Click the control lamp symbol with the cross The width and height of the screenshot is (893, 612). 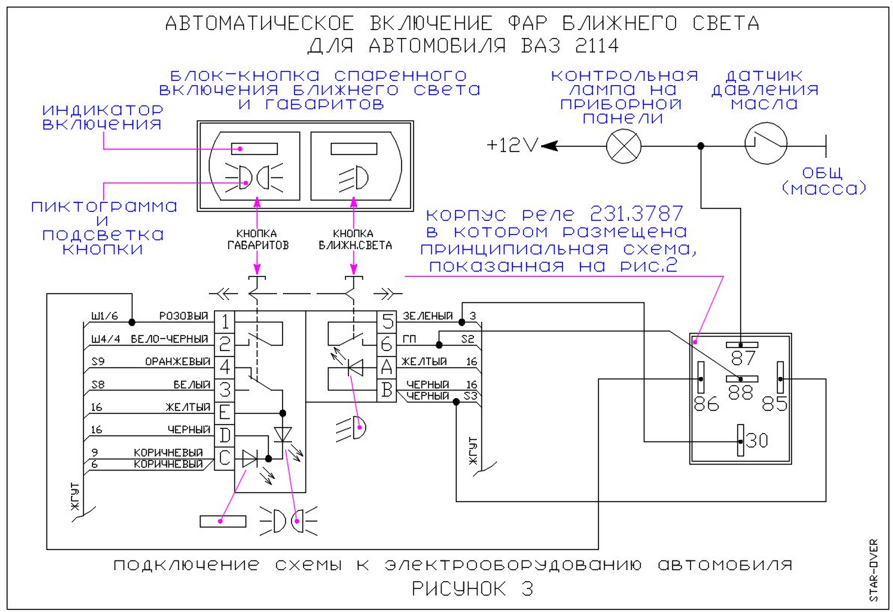[624, 147]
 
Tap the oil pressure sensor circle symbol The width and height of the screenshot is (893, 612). [766, 143]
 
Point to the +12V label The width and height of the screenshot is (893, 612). [513, 147]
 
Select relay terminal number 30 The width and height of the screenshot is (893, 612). [756, 440]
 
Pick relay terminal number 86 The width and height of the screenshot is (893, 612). [706, 403]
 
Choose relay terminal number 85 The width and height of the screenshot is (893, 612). [775, 403]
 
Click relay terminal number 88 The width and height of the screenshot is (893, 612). [741, 392]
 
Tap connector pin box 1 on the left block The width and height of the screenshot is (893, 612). [225, 322]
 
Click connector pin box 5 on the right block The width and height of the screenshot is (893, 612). [387, 322]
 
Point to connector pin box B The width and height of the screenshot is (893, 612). [387, 391]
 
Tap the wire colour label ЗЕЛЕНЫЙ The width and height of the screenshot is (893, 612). [427, 316]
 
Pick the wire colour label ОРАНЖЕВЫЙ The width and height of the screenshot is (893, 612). [177, 361]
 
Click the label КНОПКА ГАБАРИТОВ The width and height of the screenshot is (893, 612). [257, 239]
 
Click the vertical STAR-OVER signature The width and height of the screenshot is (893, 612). [874, 570]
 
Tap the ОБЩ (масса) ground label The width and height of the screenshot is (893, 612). [823, 180]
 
